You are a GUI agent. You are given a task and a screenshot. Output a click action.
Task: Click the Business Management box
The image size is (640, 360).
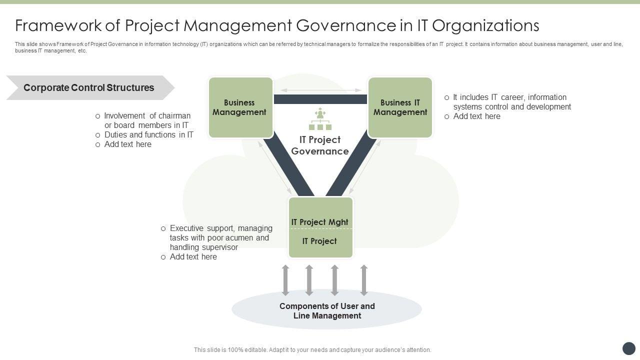click(x=240, y=107)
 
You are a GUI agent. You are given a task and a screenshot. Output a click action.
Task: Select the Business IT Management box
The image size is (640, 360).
click(x=400, y=107)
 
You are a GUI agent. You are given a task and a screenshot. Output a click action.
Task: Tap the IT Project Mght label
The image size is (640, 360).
click(x=320, y=222)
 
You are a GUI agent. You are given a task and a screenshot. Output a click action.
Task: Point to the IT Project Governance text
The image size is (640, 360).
click(x=320, y=145)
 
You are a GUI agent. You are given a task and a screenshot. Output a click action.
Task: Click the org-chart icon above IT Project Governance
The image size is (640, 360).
click(x=320, y=119)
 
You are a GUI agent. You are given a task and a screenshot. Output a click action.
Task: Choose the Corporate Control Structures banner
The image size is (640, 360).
click(x=89, y=88)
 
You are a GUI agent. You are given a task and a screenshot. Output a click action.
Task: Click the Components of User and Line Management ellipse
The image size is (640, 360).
click(x=327, y=310)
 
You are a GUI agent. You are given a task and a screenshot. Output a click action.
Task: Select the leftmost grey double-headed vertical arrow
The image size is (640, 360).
click(x=285, y=280)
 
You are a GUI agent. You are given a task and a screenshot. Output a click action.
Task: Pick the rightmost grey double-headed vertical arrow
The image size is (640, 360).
click(x=364, y=280)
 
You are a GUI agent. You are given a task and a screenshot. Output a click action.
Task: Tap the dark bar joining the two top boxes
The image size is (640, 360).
click(x=320, y=99)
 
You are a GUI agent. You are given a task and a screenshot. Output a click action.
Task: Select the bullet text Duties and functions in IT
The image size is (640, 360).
click(x=148, y=135)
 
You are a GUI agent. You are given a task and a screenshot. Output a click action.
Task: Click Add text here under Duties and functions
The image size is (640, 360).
click(x=127, y=144)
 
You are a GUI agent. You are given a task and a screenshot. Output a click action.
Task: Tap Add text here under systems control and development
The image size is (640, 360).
click(x=476, y=116)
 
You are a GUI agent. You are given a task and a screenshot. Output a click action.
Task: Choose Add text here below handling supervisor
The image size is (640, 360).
click(x=193, y=257)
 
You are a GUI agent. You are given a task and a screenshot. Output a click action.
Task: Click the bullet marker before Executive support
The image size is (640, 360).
click(x=163, y=228)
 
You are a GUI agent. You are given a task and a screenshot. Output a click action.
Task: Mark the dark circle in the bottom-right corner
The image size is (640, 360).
click(x=628, y=348)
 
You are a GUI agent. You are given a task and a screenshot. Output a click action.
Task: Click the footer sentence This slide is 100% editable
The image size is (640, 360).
click(x=312, y=350)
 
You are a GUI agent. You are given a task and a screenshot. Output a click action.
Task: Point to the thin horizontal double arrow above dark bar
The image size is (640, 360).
click(x=320, y=90)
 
